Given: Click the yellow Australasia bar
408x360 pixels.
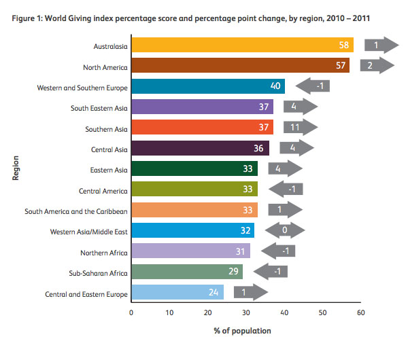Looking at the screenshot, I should click(241, 46).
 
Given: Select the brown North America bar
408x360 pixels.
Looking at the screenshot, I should click(239, 66).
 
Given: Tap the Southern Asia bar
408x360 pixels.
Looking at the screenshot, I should click(202, 128).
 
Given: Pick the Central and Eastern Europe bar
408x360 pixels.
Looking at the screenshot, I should click(177, 293).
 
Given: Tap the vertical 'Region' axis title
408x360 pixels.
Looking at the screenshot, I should click(14, 168).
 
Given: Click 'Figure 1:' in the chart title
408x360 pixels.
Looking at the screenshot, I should click(31, 18).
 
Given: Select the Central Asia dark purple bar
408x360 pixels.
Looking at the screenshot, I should click(200, 148).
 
